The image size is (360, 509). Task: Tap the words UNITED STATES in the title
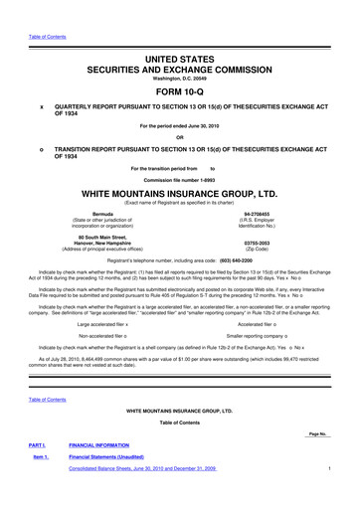(179, 34)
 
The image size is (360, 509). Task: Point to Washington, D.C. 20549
(179, 53)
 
